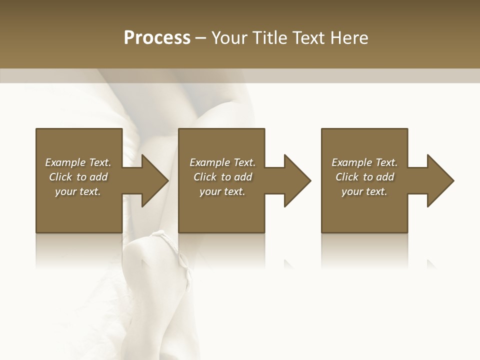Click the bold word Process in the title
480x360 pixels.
pos(157,38)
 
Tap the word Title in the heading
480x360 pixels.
pos(270,38)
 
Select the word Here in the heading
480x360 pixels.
pos(349,38)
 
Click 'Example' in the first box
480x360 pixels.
pos(65,162)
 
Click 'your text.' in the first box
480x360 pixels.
pos(78,191)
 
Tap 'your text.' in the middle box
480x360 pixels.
pos(222,191)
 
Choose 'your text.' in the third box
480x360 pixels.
pos(364,191)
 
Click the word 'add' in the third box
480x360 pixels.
pos(384,177)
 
